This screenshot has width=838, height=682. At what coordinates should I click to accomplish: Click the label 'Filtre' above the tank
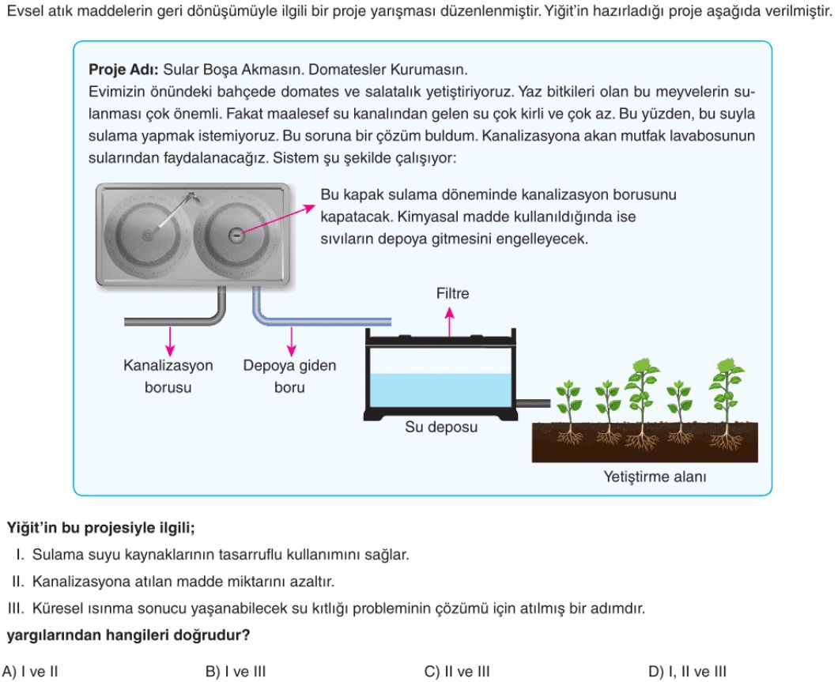452,294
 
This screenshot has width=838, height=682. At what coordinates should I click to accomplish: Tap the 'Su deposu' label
441,428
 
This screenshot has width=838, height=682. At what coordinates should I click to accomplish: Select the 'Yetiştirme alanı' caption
655,477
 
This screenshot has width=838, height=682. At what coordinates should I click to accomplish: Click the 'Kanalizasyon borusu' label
168,376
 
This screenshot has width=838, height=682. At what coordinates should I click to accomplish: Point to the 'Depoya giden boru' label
289,376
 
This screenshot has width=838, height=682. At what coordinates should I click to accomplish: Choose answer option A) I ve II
30,671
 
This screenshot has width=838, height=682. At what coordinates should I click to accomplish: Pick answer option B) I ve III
235,671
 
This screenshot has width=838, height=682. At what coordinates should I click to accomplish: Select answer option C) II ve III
457,671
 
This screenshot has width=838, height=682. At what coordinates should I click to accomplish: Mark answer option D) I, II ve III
687,671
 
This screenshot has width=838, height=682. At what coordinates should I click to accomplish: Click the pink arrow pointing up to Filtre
450,322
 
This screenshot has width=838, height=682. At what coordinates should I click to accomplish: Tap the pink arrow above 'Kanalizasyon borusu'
170,341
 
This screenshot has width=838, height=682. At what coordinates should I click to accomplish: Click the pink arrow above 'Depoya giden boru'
291,341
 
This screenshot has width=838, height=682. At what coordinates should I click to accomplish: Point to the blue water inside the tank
441,390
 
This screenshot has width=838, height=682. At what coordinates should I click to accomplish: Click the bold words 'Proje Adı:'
123,70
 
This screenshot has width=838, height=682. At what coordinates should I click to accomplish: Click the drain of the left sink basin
147,235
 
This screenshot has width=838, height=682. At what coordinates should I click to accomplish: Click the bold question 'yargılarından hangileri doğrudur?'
128,635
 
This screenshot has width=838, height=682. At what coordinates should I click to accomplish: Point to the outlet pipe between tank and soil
533,403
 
